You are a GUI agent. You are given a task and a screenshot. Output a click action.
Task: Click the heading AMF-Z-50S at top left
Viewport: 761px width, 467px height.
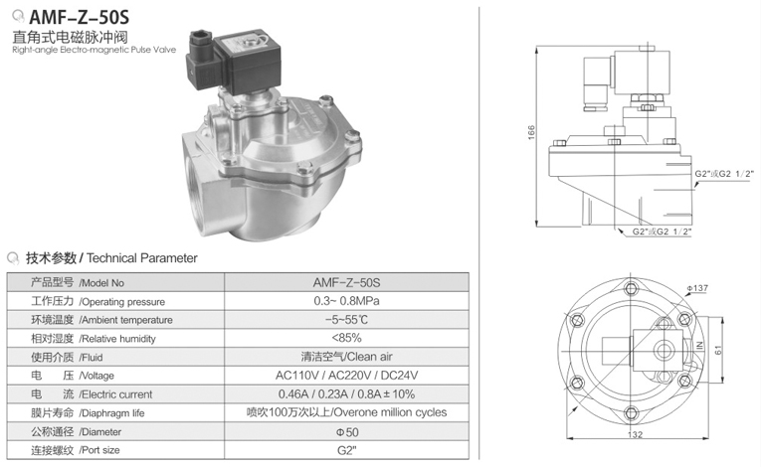tap(80, 17)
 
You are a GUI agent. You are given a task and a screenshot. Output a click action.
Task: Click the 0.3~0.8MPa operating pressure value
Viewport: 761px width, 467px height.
tap(346, 301)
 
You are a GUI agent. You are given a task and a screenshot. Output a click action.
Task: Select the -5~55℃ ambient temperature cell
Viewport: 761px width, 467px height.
tap(346, 320)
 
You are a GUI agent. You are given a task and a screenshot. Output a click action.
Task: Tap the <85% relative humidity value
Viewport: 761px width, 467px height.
tap(346, 338)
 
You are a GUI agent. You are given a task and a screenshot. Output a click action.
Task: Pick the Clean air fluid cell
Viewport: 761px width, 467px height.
tap(346, 357)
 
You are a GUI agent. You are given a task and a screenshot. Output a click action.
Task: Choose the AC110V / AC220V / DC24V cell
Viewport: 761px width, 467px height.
tap(346, 376)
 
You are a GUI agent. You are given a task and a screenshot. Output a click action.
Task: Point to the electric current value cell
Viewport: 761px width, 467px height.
tap(346, 394)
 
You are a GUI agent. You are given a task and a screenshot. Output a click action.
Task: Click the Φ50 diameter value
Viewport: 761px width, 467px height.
tap(346, 432)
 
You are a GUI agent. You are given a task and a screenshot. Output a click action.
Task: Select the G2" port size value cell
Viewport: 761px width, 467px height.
tap(346, 450)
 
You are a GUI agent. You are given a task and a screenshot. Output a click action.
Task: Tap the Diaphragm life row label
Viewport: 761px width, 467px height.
tap(88, 413)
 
